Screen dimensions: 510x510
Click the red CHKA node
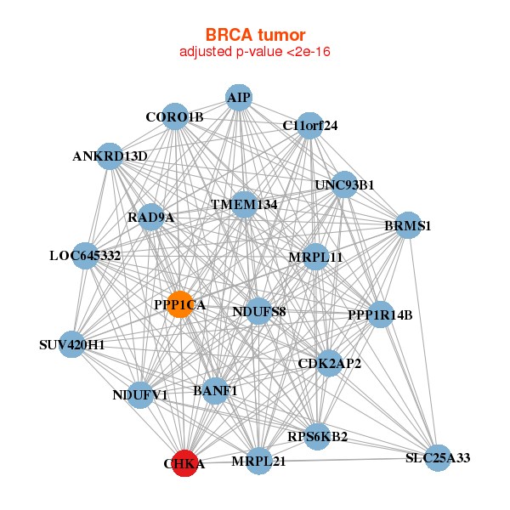pos(184,463)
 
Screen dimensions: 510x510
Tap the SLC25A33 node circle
pos(437,457)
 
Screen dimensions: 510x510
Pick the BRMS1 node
pos(409,225)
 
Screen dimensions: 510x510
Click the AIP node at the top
pos(239,98)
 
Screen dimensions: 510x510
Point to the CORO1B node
pos(174,116)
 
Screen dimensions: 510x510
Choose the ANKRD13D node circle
pos(110,156)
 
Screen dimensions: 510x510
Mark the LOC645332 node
pos(85,255)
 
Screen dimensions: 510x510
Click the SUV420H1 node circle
pos(72,344)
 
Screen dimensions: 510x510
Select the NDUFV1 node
pos(140,394)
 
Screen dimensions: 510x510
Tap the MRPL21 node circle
pos(258,461)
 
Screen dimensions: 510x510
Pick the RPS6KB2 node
pos(317,437)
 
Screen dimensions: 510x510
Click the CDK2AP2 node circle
pos(330,363)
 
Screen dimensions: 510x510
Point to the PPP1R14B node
pos(380,314)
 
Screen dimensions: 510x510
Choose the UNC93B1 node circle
pos(344,184)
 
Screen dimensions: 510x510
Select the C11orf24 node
pos(310,126)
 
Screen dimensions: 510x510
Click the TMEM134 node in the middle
pos(244,204)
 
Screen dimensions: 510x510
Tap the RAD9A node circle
pos(151,217)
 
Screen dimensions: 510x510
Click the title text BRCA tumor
pos(255,35)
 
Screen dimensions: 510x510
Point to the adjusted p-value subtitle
pos(255,52)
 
